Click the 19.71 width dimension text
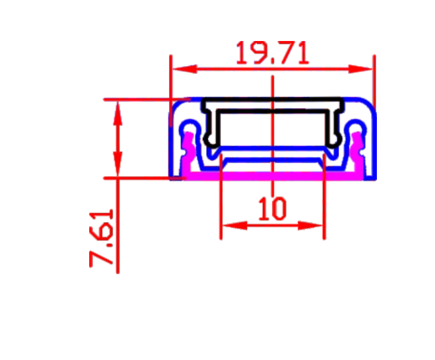click(x=272, y=53)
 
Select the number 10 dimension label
click(x=272, y=208)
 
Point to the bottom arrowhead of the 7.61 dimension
click(x=117, y=168)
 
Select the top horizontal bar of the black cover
click(x=273, y=104)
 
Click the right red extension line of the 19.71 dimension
click(x=374, y=79)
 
